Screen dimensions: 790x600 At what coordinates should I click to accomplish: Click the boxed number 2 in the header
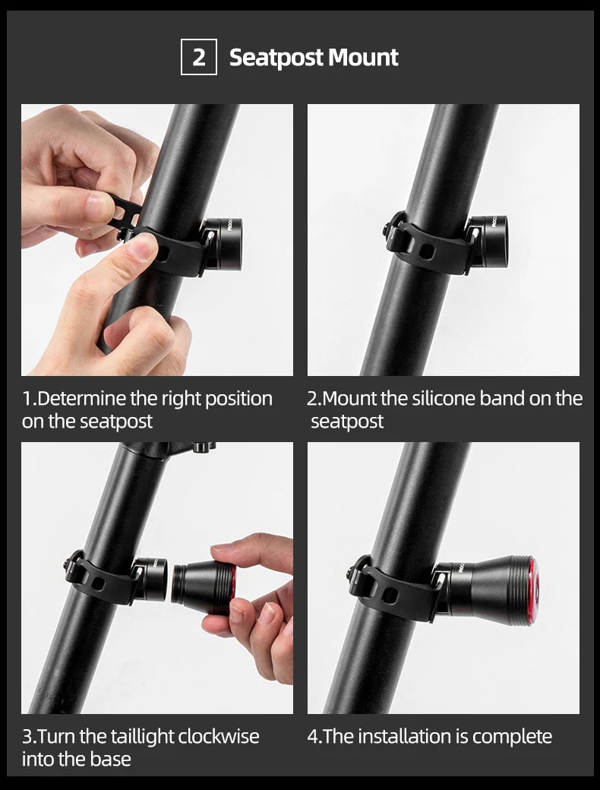[198, 57]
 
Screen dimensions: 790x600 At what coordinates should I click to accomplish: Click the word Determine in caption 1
[82, 399]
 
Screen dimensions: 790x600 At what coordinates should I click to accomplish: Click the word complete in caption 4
[514, 736]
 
